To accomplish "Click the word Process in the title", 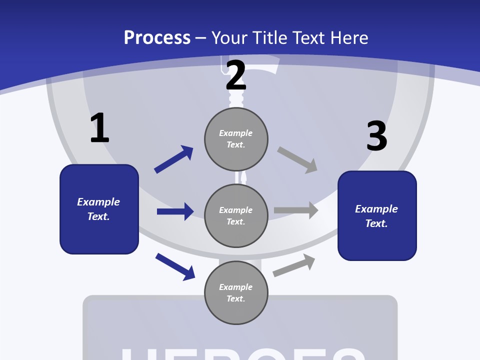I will pyautogui.click(x=157, y=37).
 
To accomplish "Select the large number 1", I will pyautogui.click(x=99, y=128).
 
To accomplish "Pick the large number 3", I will pyautogui.click(x=376, y=136).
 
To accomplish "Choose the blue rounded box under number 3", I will pyautogui.click(x=377, y=242).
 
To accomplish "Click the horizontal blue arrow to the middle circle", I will pyautogui.click(x=175, y=211).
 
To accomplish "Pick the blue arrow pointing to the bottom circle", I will pyautogui.click(x=175, y=266).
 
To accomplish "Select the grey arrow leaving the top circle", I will pyautogui.click(x=297, y=160).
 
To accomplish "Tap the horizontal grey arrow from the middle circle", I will pyautogui.click(x=296, y=210).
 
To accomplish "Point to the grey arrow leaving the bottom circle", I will pyautogui.click(x=294, y=265).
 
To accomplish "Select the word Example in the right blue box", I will pyautogui.click(x=376, y=209).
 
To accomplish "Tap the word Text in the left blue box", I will pyautogui.click(x=98, y=216).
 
